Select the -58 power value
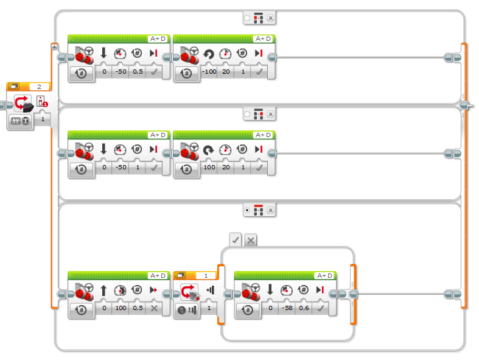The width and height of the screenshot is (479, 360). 287,309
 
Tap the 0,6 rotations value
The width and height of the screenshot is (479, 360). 304,309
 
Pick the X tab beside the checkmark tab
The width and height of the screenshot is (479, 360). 250,240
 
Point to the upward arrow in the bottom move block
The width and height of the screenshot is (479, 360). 103,291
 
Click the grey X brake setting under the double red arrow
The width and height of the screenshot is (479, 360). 155,309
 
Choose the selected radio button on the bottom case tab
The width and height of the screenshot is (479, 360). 246,210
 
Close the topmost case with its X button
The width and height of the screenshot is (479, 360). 270,18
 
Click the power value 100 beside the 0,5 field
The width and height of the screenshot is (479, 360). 121,309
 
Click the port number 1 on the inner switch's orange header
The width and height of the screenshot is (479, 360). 206,275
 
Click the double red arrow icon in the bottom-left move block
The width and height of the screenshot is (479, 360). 155,291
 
